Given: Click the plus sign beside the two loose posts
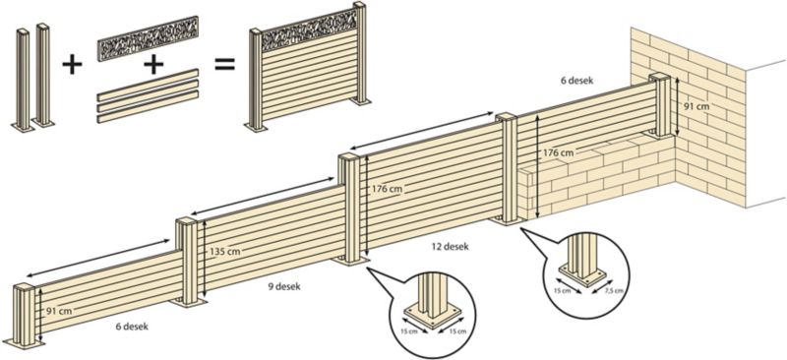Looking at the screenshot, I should [x=71, y=65].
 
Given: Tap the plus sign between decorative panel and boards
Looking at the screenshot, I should [x=152, y=65].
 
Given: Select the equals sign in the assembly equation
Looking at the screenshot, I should [x=225, y=65].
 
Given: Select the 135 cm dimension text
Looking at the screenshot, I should [x=224, y=252].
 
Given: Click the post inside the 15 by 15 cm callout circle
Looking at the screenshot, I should [x=430, y=295].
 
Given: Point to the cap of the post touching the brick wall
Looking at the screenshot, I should [x=659, y=77].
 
